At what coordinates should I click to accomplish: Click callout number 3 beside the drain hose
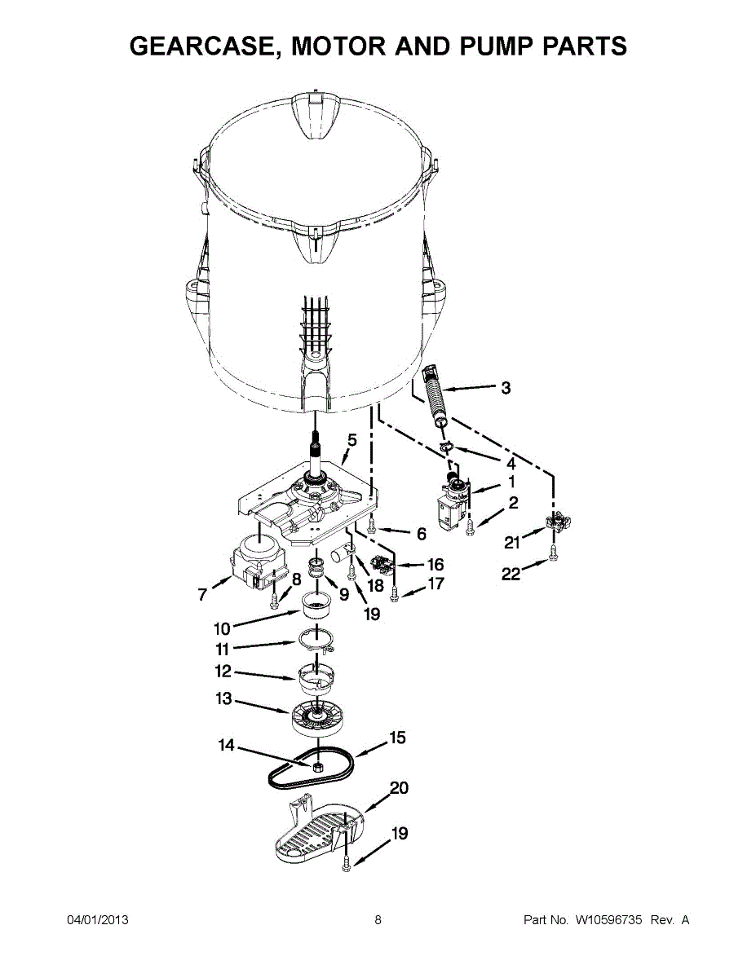click(506, 389)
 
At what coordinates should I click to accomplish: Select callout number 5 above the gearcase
click(351, 440)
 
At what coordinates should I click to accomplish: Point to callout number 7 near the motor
click(202, 595)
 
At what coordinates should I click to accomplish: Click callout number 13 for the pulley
click(224, 699)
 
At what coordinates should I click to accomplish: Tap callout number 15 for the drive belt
click(397, 738)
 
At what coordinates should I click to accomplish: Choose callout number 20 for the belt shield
click(399, 788)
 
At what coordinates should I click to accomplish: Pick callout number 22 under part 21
click(511, 575)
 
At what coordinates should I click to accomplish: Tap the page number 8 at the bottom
click(378, 920)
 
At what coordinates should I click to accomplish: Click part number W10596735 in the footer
click(609, 920)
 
